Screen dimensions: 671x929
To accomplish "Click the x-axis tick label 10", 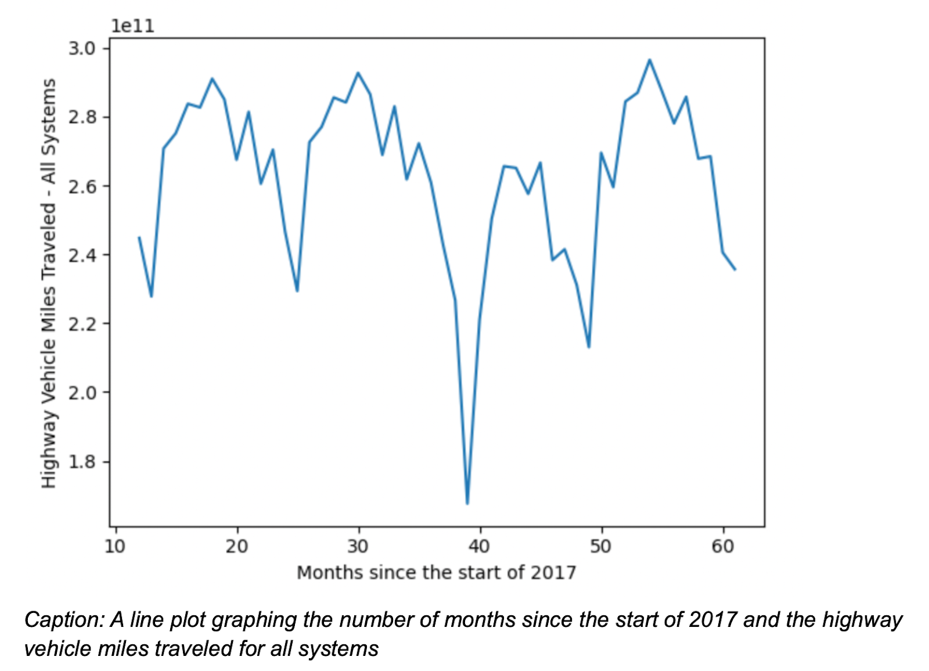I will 115,546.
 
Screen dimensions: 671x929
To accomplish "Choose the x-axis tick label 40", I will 480,546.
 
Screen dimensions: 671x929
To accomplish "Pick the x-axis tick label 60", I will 723,546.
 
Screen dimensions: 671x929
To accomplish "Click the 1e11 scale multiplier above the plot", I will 132,26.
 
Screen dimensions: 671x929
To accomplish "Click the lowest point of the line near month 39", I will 467,503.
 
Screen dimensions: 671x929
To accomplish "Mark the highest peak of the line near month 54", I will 650,60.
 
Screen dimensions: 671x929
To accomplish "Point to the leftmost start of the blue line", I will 139,237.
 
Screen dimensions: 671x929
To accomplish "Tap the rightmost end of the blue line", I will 735,269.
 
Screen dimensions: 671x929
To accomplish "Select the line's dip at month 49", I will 589,347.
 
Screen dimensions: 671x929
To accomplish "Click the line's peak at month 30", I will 358,73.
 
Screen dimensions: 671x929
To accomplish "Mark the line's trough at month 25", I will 297,290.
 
